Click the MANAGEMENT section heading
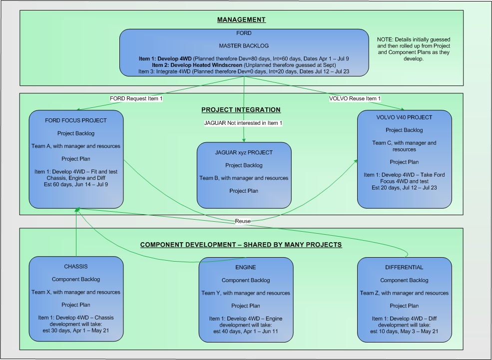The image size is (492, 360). coord(241,20)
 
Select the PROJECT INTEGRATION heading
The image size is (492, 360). coord(241,110)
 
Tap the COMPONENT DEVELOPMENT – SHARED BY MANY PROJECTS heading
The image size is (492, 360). coord(241,245)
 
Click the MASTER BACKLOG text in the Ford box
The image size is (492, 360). coord(244,46)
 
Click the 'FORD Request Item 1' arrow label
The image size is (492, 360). coord(136,99)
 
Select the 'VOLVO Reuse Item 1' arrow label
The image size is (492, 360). coord(355,99)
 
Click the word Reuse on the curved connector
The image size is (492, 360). coord(243,221)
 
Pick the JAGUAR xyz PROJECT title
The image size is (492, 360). coord(244,152)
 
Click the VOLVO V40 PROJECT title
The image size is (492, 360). coord(405,118)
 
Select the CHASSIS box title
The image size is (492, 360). coord(76,266)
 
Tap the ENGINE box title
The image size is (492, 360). coord(246,268)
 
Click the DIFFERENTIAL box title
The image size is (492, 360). coord(404,268)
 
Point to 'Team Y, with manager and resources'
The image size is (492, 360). coord(246,293)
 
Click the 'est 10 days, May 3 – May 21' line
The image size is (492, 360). coord(404,331)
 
